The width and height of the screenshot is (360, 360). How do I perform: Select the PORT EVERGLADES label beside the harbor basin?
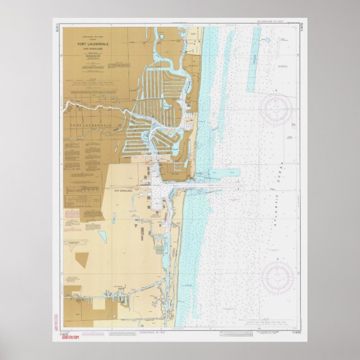coord(126,191)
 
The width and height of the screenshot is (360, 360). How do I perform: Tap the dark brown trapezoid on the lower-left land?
coord(82,260)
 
